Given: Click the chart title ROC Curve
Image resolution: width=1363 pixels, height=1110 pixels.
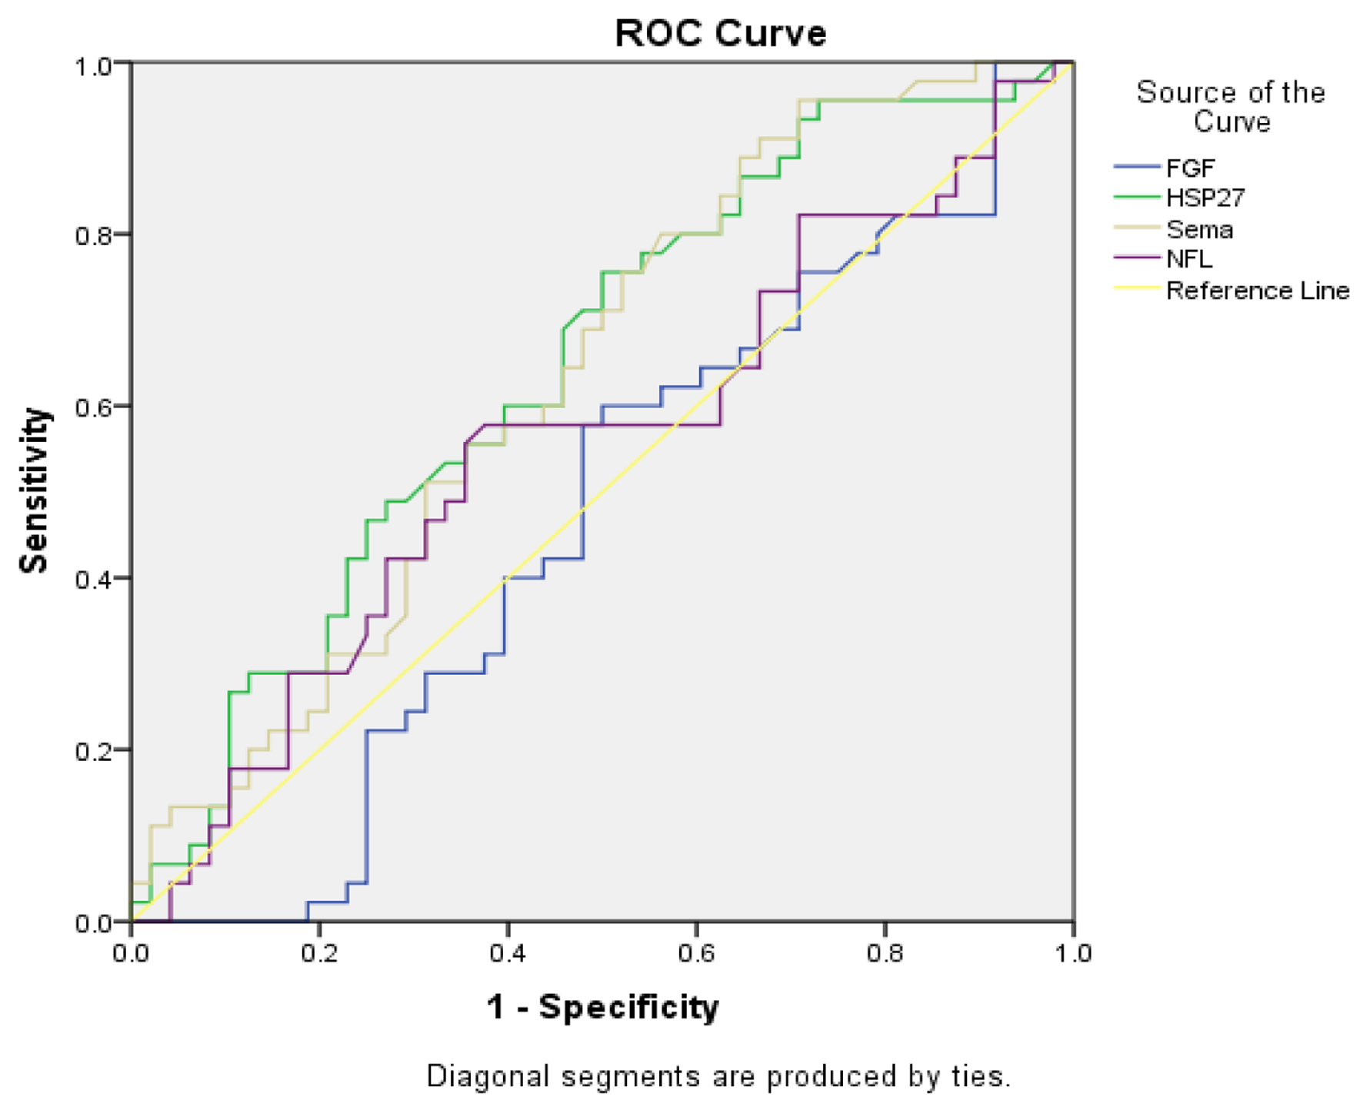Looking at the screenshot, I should click(x=720, y=34).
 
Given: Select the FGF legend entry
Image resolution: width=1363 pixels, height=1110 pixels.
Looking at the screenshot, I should click(x=1190, y=168).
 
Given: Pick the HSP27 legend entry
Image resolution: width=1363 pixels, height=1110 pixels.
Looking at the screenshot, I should click(x=1205, y=198).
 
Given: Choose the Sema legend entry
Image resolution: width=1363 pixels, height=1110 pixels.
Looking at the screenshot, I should click(x=1199, y=229).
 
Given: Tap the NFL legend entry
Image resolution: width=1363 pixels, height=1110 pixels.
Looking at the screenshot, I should click(x=1189, y=259).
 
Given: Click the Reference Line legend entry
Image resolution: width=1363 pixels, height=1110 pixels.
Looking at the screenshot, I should click(x=1257, y=291).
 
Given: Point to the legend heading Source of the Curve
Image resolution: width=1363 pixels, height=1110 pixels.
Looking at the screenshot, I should click(x=1231, y=107).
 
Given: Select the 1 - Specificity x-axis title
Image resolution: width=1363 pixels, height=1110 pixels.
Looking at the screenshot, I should click(x=602, y=1007).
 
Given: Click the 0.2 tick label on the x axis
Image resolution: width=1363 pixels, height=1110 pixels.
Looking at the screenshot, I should click(x=320, y=954).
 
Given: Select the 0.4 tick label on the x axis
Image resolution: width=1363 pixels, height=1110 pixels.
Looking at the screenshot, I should click(x=508, y=954).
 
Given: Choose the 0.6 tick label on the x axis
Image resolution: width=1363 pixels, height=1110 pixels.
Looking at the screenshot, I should click(x=697, y=954).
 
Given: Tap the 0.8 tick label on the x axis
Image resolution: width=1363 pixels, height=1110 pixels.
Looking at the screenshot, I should click(x=885, y=954).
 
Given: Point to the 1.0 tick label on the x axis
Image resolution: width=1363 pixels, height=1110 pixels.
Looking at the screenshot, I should click(x=1073, y=954).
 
